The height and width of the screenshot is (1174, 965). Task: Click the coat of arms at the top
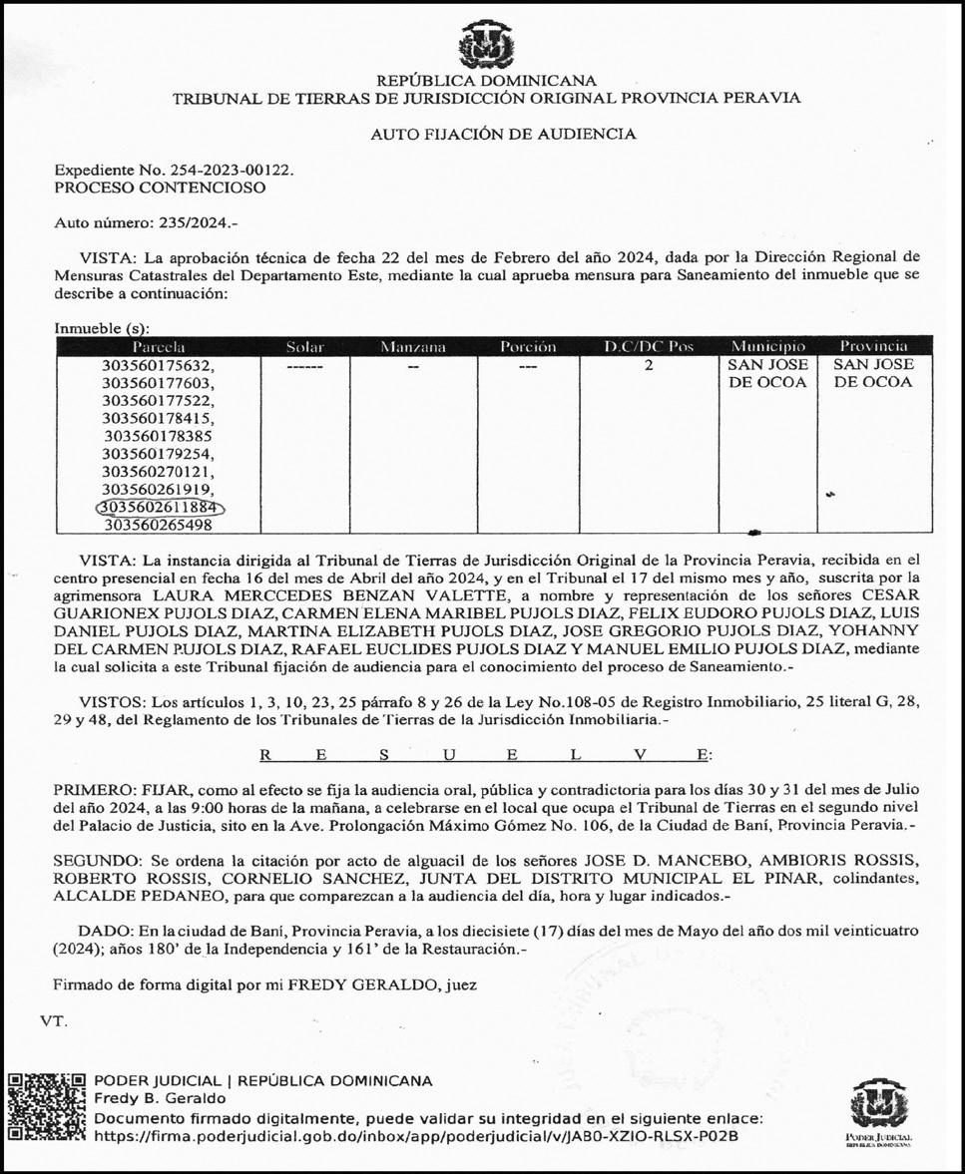tap(486, 46)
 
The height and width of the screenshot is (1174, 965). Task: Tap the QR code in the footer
tap(47, 1108)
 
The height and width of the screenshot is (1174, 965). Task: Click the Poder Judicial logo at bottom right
tap(878, 1110)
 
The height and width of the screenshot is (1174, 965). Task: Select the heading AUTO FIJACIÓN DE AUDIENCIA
tap(503, 134)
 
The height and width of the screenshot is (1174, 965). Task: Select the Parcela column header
tap(158, 347)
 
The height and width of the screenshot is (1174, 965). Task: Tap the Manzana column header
tap(412, 347)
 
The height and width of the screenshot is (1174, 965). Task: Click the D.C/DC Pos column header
tap(649, 347)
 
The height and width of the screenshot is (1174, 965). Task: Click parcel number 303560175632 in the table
tap(158, 366)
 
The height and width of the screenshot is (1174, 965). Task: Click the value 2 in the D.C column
tap(649, 366)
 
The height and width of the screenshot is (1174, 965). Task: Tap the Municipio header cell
tap(767, 347)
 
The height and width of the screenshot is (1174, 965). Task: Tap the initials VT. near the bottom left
tap(54, 1021)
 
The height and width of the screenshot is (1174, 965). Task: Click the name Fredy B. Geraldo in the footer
tap(160, 1098)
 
